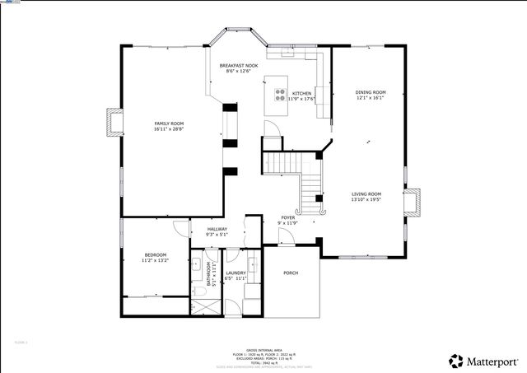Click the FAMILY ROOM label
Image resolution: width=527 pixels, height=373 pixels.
pyautogui.click(x=169, y=123)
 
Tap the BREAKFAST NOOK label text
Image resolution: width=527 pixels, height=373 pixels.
pyautogui.click(x=239, y=64)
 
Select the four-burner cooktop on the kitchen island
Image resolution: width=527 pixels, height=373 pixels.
pyautogui.click(x=280, y=94)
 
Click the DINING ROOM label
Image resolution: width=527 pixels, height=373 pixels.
pyautogui.click(x=370, y=92)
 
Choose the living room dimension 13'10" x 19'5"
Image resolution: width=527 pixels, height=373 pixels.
pyautogui.click(x=366, y=199)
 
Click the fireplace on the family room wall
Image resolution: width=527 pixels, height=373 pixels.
pyautogui.click(x=113, y=123)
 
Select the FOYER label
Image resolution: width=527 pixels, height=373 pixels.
pyautogui.click(x=287, y=218)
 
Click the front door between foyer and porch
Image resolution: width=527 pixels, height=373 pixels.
pyautogui.click(x=286, y=238)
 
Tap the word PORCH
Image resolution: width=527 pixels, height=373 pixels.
pyautogui.click(x=291, y=273)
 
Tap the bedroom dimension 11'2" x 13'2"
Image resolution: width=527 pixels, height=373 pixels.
pyautogui.click(x=155, y=260)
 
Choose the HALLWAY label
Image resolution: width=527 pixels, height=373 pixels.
pyautogui.click(x=217, y=230)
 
